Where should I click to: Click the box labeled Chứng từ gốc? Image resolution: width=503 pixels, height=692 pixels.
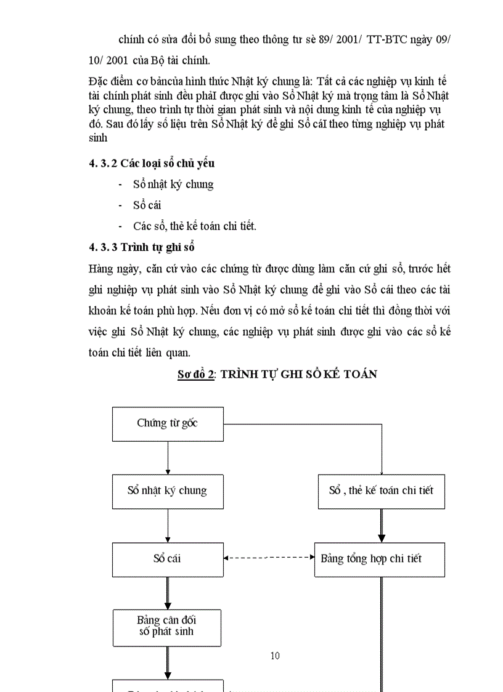tap(168, 423)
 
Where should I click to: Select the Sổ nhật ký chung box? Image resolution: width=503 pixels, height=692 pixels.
tap(168, 491)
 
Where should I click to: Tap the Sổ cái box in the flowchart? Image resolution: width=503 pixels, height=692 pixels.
tap(168, 559)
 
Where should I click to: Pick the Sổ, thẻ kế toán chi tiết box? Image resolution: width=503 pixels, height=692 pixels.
tap(381, 491)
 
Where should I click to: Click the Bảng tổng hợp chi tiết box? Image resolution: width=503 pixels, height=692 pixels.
tap(379, 559)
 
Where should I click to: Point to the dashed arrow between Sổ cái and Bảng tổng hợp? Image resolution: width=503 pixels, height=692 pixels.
tap(269, 558)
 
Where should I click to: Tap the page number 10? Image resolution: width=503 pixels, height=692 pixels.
tap(275, 656)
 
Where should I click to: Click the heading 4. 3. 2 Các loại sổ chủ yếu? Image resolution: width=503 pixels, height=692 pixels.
tap(152, 163)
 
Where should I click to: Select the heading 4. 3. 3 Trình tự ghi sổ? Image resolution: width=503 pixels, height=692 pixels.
tap(142, 248)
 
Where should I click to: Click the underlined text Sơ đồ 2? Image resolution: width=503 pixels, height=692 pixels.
tap(195, 374)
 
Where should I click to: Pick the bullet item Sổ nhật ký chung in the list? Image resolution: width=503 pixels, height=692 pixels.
tap(173, 184)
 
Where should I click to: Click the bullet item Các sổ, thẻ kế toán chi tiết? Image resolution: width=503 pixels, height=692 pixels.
tap(194, 226)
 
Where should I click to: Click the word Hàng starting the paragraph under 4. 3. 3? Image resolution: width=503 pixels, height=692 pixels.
tap(102, 269)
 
